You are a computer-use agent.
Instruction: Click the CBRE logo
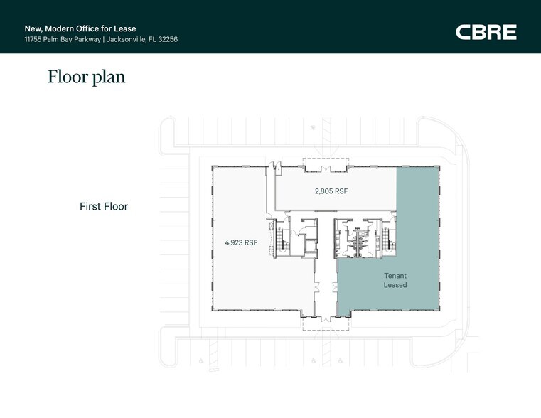coord(486,32)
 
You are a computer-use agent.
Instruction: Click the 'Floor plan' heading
coord(86,77)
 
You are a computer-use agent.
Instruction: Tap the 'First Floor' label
coord(104,206)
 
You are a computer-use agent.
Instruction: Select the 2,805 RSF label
coord(331,191)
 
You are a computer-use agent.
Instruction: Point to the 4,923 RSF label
coord(241,243)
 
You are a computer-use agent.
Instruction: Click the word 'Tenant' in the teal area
coord(395,276)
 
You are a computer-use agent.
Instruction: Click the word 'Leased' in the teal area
coord(395,285)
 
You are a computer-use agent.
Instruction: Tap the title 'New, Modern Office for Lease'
coord(80,28)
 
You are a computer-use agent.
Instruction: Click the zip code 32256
coord(168,39)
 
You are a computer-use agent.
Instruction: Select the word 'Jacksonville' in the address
coord(126,39)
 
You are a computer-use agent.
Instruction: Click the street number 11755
coord(33,39)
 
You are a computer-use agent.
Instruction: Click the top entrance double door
coord(326,169)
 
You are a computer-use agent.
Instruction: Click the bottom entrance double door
coord(326,319)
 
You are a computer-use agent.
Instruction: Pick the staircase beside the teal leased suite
coord(388,239)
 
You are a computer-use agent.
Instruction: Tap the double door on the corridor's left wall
coord(317,287)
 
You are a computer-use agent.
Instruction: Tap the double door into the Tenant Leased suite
coord(335,287)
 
